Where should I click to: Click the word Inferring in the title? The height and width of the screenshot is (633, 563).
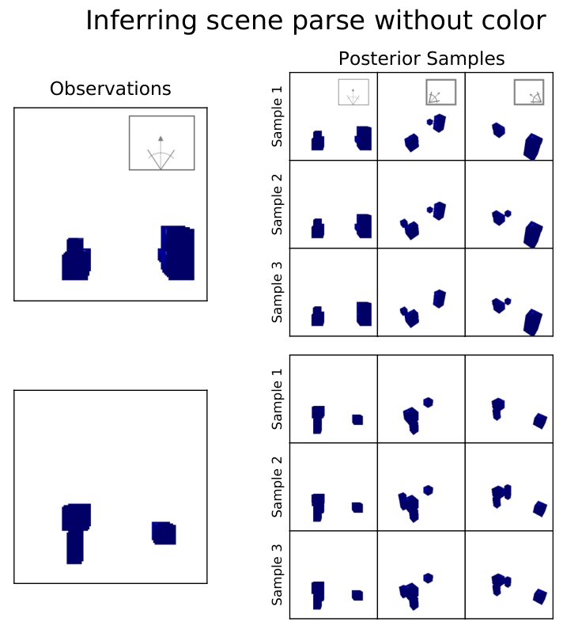pos(142,21)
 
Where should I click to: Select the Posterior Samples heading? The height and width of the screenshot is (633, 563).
pos(421,59)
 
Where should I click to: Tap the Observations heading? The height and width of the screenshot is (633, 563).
pos(111,89)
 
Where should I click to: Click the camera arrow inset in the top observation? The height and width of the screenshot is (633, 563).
pos(161,143)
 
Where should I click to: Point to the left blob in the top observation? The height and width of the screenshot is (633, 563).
pos(76,260)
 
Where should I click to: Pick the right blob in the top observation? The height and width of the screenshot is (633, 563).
pos(176,252)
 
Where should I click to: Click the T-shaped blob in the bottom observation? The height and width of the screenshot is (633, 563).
pos(76,533)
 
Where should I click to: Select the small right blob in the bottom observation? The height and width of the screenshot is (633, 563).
pos(164,533)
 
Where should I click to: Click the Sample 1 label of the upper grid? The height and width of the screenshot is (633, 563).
pos(277,116)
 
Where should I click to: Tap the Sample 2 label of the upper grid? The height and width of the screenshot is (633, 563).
pos(277,204)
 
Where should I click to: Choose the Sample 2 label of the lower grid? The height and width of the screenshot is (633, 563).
pos(277,487)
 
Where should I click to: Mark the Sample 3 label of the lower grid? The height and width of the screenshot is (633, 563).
pos(277,575)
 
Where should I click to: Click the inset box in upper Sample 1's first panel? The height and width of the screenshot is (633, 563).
pos(353,92)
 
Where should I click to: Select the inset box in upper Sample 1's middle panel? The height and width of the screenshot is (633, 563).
pos(441,92)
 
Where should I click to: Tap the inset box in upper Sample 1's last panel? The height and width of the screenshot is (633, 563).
pos(529,92)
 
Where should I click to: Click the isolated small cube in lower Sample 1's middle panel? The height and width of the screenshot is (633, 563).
pos(429,403)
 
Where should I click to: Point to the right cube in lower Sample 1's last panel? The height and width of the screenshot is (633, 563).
pos(540,421)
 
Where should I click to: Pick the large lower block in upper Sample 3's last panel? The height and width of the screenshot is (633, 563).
pos(533,322)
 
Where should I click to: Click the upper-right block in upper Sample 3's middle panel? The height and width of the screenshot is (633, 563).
pos(440,299)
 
